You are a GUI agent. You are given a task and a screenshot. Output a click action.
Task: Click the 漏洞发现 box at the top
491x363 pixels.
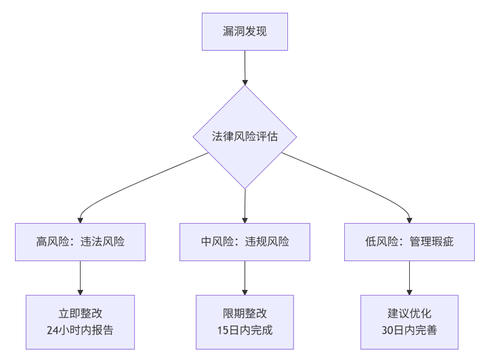point(245,31)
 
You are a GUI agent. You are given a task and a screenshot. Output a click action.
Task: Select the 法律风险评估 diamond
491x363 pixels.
point(245,137)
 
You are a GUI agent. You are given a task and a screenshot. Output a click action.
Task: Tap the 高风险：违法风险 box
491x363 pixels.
point(80,242)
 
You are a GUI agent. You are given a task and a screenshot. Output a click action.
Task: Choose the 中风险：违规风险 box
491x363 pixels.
point(245,242)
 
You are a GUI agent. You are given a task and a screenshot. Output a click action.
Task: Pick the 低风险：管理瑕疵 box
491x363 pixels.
point(409,242)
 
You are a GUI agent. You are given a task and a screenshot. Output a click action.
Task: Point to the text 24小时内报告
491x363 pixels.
point(80,331)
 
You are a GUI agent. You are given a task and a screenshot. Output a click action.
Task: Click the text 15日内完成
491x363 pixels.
point(245,331)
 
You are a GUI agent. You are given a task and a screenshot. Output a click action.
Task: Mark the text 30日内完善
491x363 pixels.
point(409,331)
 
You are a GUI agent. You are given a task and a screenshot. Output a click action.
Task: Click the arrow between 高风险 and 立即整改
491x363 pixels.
point(80,277)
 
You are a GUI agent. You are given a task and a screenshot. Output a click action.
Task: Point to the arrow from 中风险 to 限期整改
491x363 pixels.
point(245,277)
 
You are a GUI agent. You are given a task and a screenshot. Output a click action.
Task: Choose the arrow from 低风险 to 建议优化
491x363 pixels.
point(409,277)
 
